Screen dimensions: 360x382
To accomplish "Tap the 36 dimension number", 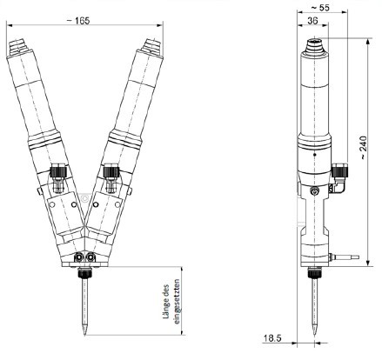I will tap(313, 20).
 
